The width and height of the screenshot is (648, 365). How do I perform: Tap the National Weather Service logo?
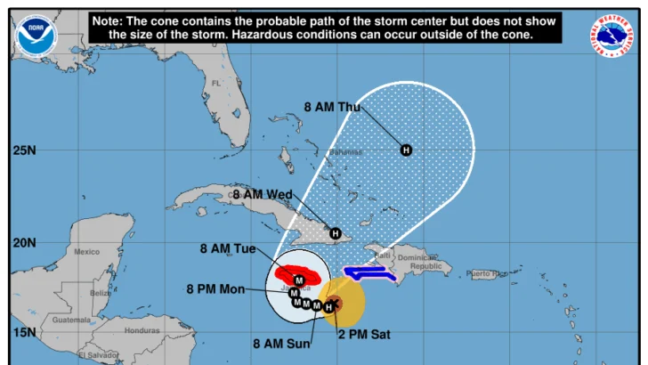coord(613,36)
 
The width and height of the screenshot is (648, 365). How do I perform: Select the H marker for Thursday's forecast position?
coord(406,150)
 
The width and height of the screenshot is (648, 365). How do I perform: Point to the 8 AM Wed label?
coord(262,194)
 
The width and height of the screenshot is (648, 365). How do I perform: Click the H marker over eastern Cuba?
coord(336,233)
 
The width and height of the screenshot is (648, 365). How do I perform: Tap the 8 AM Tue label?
coord(230,248)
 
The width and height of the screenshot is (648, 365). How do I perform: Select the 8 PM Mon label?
coord(215,289)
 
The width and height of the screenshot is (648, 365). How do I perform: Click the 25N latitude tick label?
coord(24,150)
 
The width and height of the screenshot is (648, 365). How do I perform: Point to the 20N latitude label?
coord(24,242)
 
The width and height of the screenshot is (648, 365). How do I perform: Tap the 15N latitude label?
coord(24,332)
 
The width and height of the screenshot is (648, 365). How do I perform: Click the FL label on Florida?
coord(215,84)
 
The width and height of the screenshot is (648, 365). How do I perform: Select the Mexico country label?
coord(86,252)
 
